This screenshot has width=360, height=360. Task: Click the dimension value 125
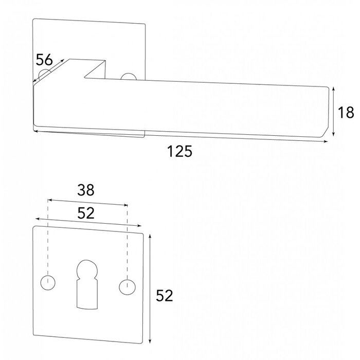click(179, 152)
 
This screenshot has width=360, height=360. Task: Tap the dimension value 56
click(45, 60)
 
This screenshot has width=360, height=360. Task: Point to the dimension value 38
click(86, 190)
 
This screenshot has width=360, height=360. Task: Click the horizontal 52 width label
click(86, 213)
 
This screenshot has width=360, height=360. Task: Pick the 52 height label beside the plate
click(164, 296)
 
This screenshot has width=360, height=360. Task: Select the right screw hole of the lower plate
click(125, 287)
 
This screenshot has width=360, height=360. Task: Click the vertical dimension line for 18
click(335, 112)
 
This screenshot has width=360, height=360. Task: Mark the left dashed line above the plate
click(48, 237)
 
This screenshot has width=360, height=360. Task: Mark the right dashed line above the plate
click(127, 239)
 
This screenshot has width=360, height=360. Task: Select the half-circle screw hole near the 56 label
click(45, 73)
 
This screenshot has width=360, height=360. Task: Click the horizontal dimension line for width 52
click(87, 222)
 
